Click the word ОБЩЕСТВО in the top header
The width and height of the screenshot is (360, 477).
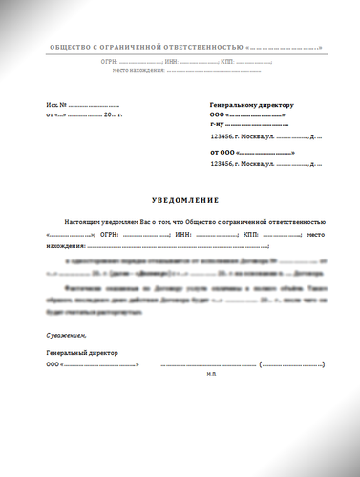coord(69,47)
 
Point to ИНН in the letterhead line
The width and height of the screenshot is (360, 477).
coord(173,61)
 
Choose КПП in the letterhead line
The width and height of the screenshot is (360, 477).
coord(227,61)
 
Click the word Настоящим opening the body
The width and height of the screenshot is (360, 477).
coord(79,219)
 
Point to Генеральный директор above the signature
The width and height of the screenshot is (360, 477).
coord(81,353)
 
